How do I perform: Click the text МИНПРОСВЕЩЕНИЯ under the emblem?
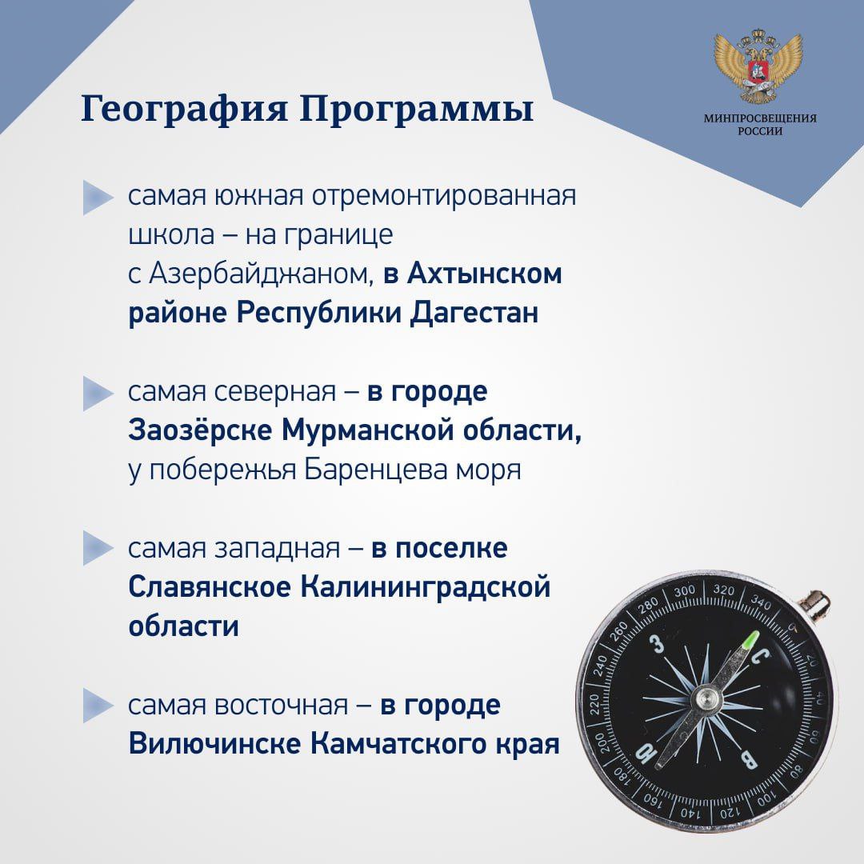pos(760,118)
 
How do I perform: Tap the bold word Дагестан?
pos(474,313)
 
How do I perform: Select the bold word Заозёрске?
pos(200,430)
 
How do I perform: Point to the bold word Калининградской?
pos(426,587)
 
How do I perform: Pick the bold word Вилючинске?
pos(215,744)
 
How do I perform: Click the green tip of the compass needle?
pos(751,641)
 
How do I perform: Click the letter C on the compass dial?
pos(761,657)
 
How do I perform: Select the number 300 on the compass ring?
pos(684,591)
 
